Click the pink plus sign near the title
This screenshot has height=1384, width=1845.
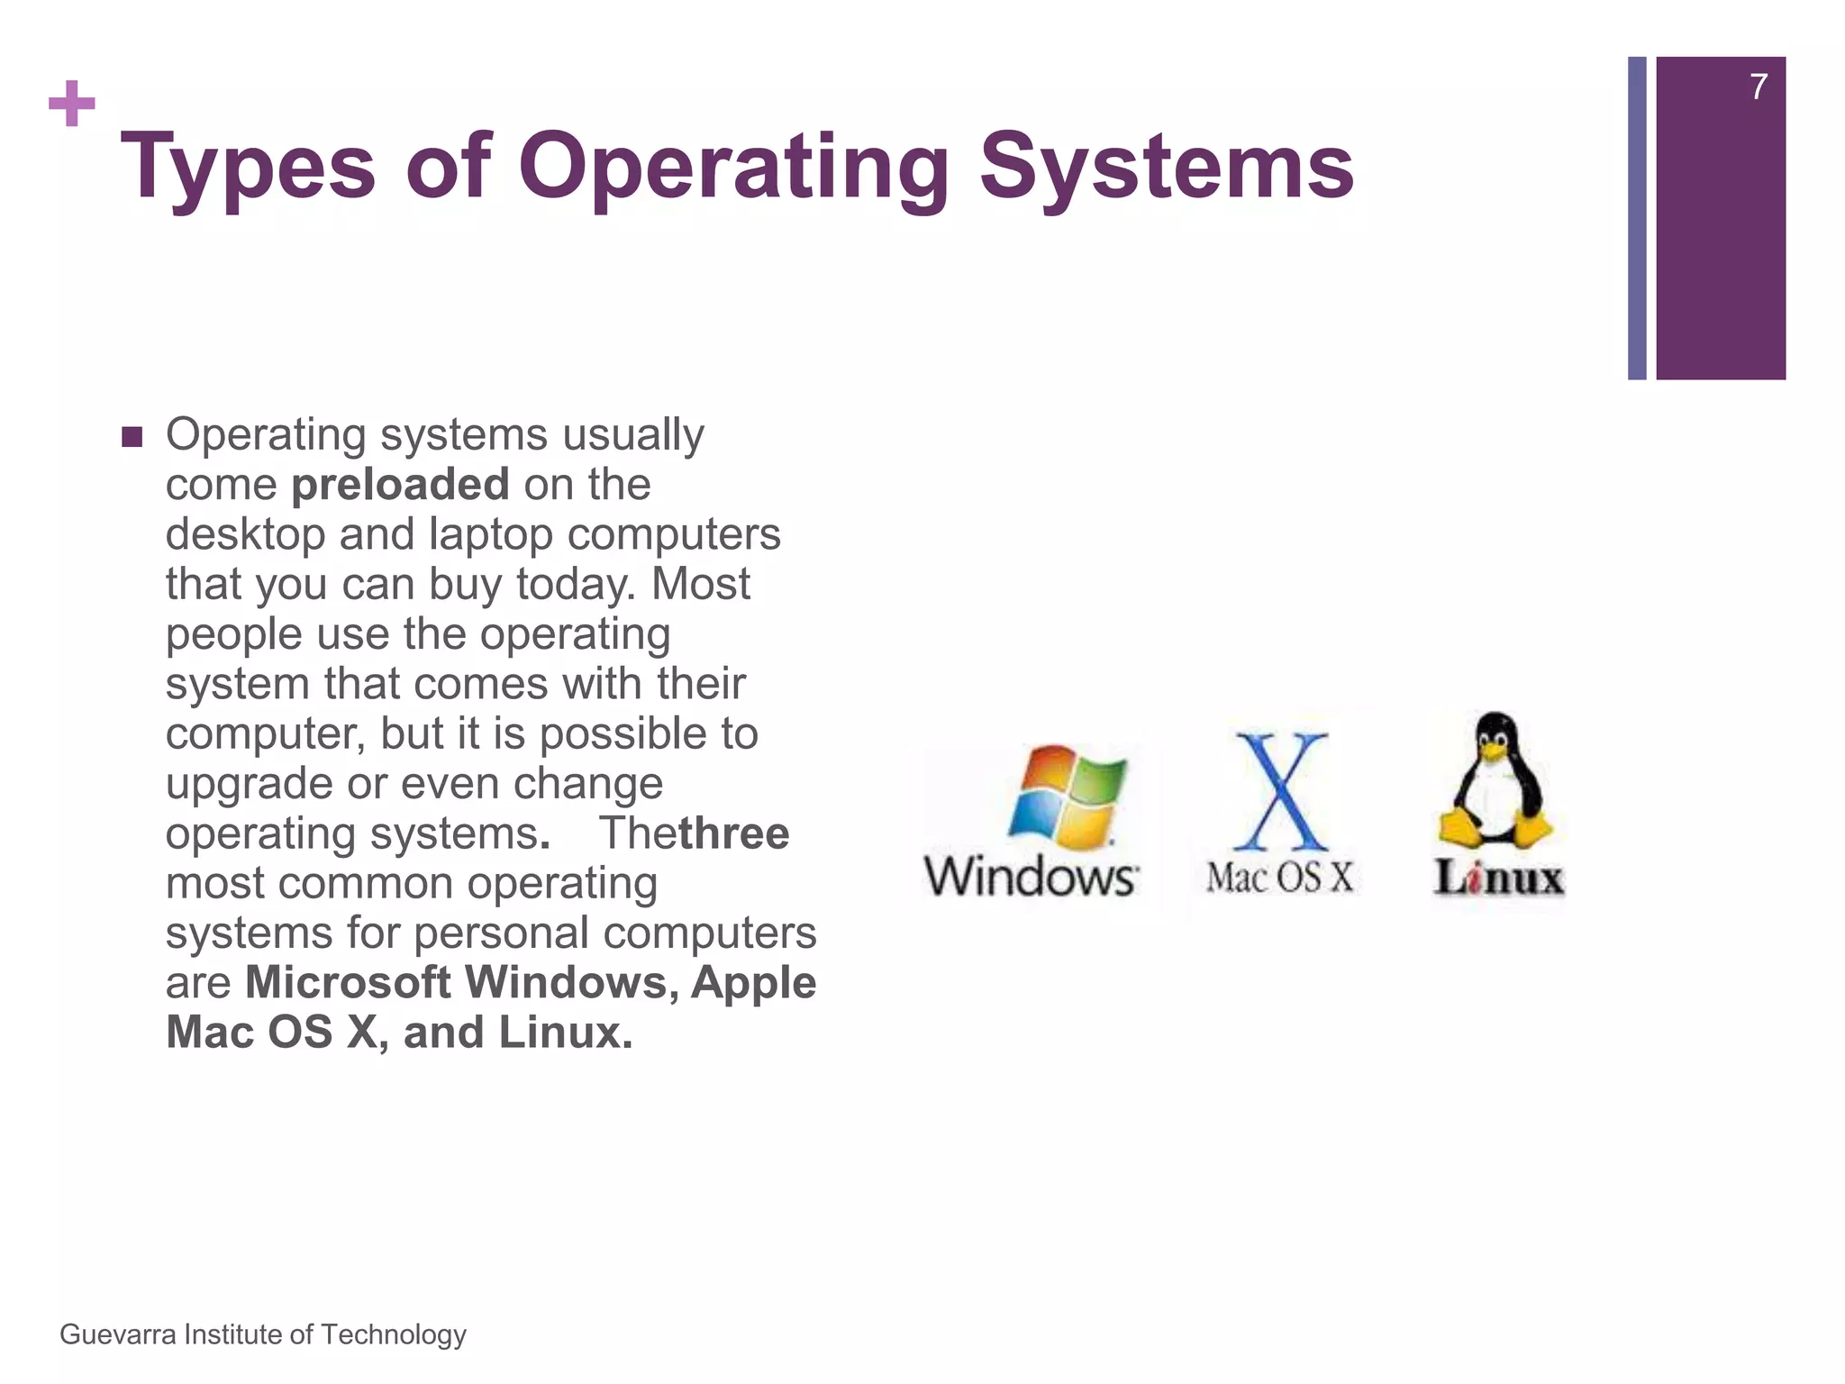pyautogui.click(x=72, y=104)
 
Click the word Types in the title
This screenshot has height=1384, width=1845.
pyautogui.click(x=248, y=167)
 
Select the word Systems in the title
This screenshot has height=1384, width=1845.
pyautogui.click(x=1167, y=167)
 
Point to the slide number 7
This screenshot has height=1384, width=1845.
pyautogui.click(x=1758, y=87)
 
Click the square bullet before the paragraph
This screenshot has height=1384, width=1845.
pyautogui.click(x=132, y=438)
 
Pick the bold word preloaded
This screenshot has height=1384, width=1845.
pyautogui.click(x=400, y=485)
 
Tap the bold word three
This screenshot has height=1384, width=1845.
pyautogui.click(x=733, y=833)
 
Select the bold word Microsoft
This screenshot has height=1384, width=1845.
pyautogui.click(x=348, y=982)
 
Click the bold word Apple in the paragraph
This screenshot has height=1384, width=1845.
pyautogui.click(x=753, y=982)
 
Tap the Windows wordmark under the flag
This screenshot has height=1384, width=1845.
pyautogui.click(x=1032, y=877)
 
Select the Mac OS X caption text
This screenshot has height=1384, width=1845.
pyautogui.click(x=1280, y=877)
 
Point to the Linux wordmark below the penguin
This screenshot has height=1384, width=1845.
pyautogui.click(x=1499, y=879)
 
